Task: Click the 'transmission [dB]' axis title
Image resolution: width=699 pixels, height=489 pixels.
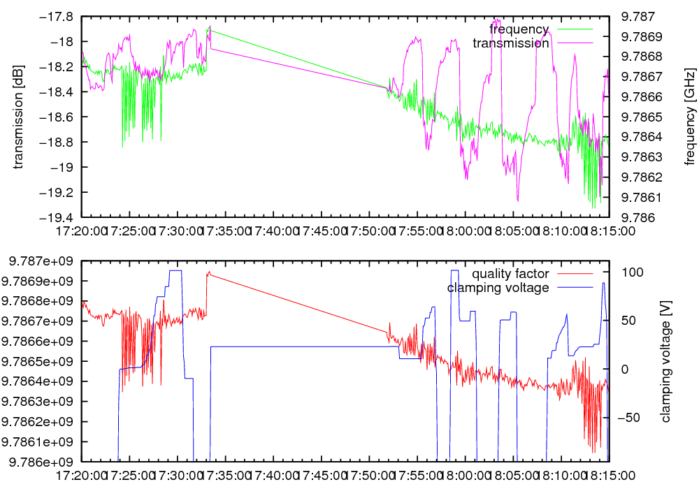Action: tap(19, 117)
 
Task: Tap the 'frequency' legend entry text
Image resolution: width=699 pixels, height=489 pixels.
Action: tap(519, 29)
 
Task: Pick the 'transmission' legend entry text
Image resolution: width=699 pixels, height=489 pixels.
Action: tap(511, 43)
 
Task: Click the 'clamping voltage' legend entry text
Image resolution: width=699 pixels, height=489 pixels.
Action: tap(498, 288)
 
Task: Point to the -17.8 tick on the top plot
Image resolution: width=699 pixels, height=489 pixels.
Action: tap(59, 17)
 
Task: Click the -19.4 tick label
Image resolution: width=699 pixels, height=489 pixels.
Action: tap(59, 217)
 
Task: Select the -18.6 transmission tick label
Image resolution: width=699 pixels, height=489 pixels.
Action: tap(59, 117)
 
